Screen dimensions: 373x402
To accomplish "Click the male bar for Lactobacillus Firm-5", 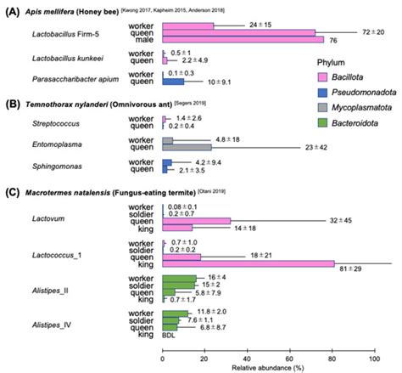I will click(x=242, y=39).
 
